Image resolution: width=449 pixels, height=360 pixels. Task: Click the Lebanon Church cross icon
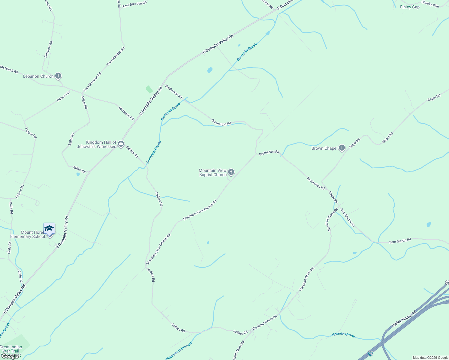point(58,76)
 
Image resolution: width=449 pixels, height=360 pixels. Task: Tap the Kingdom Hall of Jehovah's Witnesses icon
point(121,144)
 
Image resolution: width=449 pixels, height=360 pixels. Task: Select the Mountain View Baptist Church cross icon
point(231,172)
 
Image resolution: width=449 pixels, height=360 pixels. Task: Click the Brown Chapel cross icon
point(342,148)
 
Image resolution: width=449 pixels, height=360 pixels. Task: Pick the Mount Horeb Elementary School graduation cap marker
point(49,229)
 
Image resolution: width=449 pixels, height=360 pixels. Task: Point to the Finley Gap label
point(410,7)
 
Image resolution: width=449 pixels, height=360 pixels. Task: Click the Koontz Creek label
point(343,335)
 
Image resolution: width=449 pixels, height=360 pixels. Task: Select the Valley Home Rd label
point(404,319)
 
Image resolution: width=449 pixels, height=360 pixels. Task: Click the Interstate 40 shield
point(371,354)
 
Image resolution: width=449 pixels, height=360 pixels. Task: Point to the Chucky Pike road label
point(430,4)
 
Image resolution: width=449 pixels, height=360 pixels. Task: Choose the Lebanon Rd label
point(49,49)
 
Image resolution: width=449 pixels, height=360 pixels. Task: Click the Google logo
point(10,356)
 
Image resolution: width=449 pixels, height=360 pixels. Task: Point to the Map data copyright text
point(430,358)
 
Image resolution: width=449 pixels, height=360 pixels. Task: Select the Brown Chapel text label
point(324,148)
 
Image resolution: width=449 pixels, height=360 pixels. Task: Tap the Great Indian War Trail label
point(11,351)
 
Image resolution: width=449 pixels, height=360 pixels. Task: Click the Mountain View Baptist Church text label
point(213,172)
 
